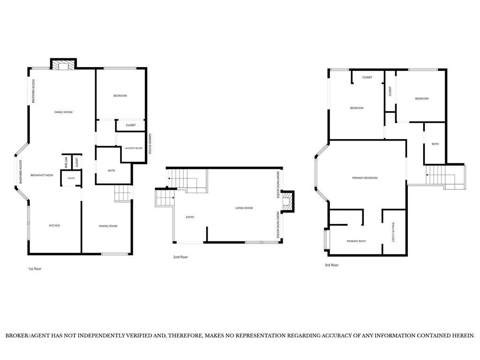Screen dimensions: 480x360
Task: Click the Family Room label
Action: pyautogui.click(x=63, y=112)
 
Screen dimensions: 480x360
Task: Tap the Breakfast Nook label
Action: pyautogui.click(x=42, y=175)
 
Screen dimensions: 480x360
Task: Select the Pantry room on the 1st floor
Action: pyautogui.click(x=71, y=178)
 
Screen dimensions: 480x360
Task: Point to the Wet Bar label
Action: pyautogui.click(x=66, y=162)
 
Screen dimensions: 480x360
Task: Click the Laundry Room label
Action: pyautogui.click(x=134, y=148)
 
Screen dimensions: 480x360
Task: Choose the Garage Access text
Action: pyautogui.click(x=150, y=144)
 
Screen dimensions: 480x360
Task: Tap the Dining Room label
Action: pyautogui.click(x=108, y=226)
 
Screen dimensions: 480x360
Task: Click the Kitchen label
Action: pyautogui.click(x=54, y=225)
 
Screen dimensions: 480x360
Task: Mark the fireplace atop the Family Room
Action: pyautogui.click(x=63, y=65)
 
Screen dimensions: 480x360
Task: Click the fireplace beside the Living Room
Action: pyautogui.click(x=288, y=202)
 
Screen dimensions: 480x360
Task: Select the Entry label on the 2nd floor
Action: pyautogui.click(x=190, y=217)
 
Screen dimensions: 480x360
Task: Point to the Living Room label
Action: pyautogui.click(x=244, y=208)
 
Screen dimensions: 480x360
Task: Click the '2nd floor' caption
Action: pyautogui.click(x=180, y=257)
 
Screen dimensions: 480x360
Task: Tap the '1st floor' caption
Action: pyautogui.click(x=35, y=269)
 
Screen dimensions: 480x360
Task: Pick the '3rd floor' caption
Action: pyautogui.click(x=331, y=265)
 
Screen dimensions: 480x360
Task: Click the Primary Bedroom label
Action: pyautogui.click(x=365, y=178)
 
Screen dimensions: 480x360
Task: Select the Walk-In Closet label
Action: pyautogui.click(x=393, y=232)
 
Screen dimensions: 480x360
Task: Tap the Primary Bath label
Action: pyautogui.click(x=356, y=241)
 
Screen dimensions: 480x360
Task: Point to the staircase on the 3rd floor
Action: pyautogui.click(x=445, y=177)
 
